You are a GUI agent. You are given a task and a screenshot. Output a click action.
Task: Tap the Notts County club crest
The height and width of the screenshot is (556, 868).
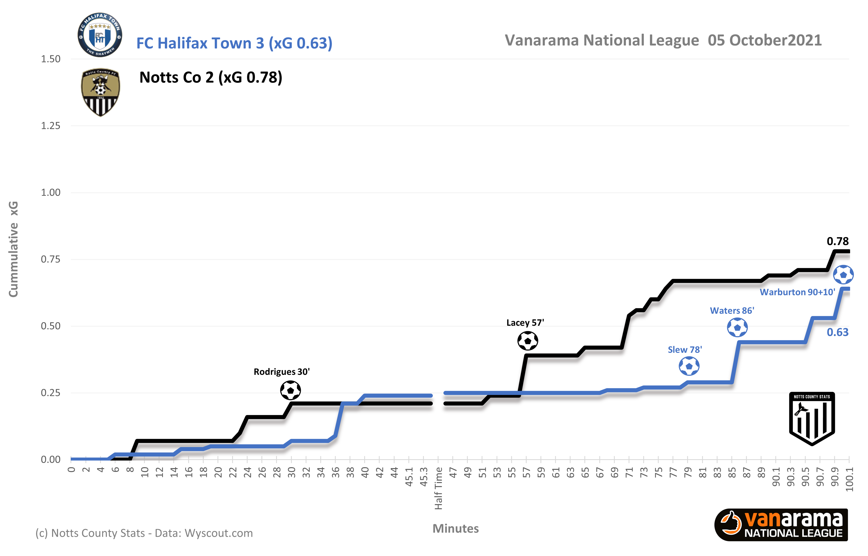point(100,92)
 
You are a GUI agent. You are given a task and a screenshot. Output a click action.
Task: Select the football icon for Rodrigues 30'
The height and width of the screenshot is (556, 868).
point(290,390)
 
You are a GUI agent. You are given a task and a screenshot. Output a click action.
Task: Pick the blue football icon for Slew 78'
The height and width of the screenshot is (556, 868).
point(689,366)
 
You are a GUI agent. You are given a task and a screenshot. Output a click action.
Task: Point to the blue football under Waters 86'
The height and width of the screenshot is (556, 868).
point(737,327)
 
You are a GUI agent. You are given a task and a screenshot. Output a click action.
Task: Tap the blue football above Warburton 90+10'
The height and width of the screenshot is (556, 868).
point(843,275)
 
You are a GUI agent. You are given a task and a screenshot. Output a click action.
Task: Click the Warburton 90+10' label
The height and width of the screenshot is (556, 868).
point(797,292)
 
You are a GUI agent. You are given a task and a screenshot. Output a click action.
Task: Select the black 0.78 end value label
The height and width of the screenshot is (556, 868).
point(837,241)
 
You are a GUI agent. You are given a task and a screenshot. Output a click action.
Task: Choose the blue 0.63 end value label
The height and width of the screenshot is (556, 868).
point(837,332)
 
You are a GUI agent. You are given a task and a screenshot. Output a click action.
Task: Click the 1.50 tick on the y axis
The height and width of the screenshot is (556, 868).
point(50,59)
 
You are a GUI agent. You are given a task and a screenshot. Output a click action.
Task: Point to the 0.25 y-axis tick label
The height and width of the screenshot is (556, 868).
point(50,393)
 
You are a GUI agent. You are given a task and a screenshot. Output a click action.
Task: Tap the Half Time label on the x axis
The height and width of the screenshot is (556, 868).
point(438,488)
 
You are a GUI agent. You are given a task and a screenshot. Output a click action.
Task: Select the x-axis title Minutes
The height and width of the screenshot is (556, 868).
point(456,529)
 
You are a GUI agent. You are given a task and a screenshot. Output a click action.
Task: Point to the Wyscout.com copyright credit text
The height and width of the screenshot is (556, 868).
point(144,533)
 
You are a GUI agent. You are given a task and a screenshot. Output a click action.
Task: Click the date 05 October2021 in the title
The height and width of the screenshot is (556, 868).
point(764,40)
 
